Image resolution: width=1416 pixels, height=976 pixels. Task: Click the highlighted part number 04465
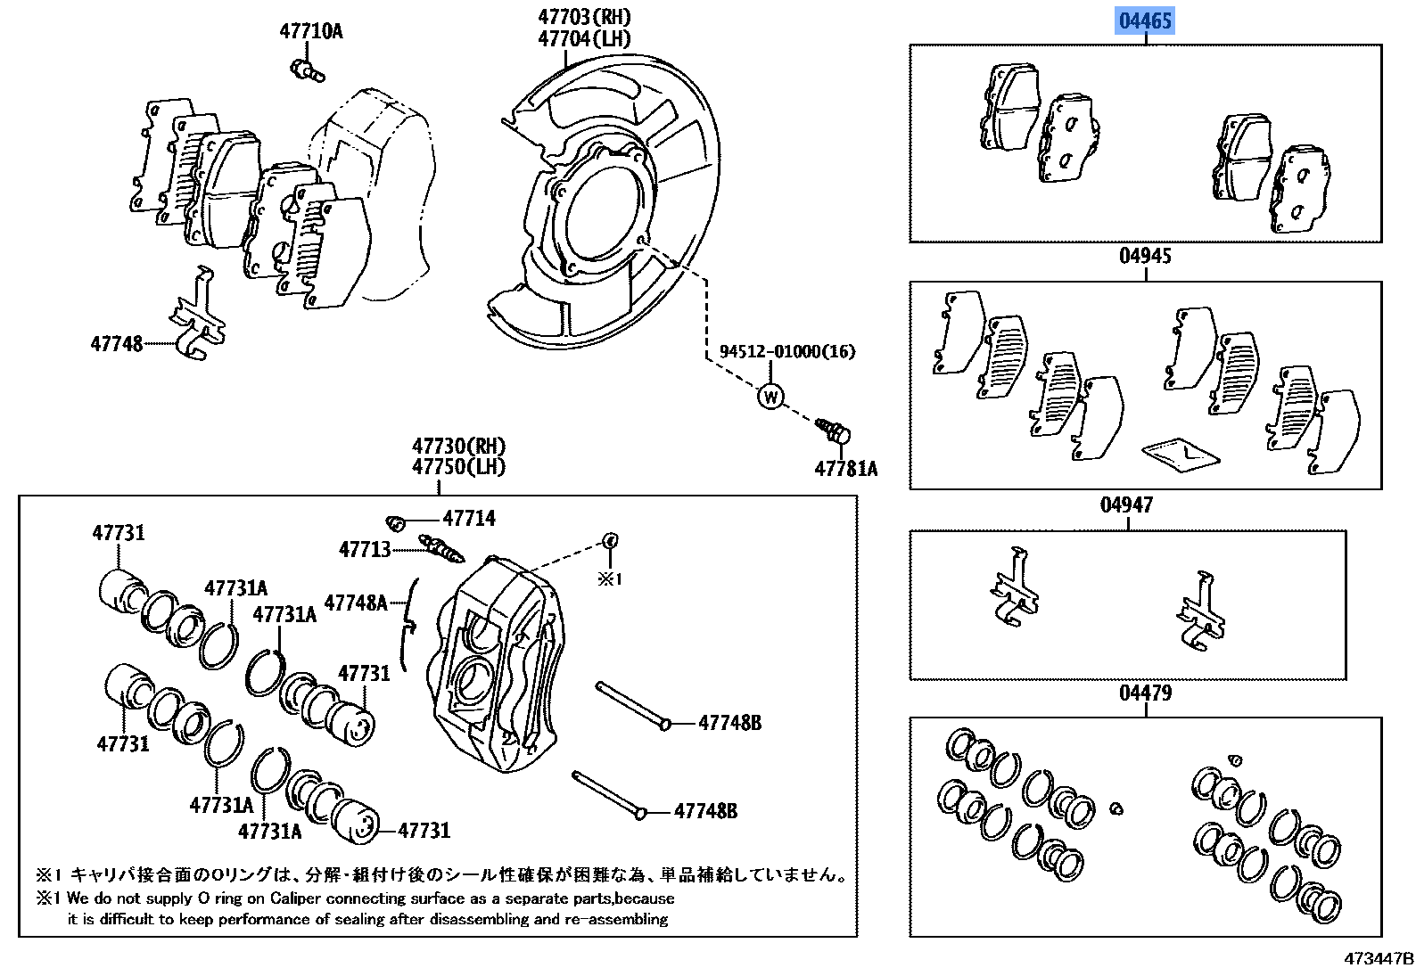[x=1145, y=20]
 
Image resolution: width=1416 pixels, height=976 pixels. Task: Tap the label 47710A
[x=311, y=32]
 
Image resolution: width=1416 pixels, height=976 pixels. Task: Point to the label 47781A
[x=845, y=469]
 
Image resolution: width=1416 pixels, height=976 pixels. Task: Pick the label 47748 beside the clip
[x=116, y=343]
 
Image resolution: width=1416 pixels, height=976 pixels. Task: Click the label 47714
[x=469, y=518]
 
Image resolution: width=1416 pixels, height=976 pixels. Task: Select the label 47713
[x=365, y=550]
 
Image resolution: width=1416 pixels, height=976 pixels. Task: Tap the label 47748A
[x=356, y=603]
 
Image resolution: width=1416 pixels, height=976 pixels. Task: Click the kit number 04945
[x=1145, y=257]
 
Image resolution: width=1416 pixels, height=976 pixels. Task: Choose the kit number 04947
[x=1126, y=505]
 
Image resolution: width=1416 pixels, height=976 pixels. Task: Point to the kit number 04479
[x=1145, y=693]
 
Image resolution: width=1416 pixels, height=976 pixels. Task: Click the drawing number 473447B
[x=1379, y=959]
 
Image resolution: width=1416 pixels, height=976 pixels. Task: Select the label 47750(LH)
[x=459, y=466]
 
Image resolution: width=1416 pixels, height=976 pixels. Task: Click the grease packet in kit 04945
[x=1180, y=453]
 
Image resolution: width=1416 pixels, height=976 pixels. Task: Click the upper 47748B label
[x=729, y=723]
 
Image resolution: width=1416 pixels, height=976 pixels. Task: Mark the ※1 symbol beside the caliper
[x=609, y=579]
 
